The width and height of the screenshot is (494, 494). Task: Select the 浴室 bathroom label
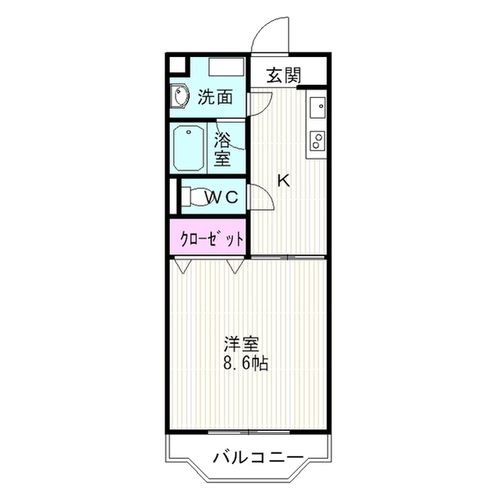point(222,150)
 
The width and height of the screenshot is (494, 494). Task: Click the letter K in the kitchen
point(283,181)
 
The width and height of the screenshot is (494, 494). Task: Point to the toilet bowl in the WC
point(194,197)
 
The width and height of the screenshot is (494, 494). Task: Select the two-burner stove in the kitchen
point(316,140)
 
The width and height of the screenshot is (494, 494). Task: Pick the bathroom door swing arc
point(232,133)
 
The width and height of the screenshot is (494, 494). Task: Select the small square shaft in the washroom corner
point(178,64)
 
